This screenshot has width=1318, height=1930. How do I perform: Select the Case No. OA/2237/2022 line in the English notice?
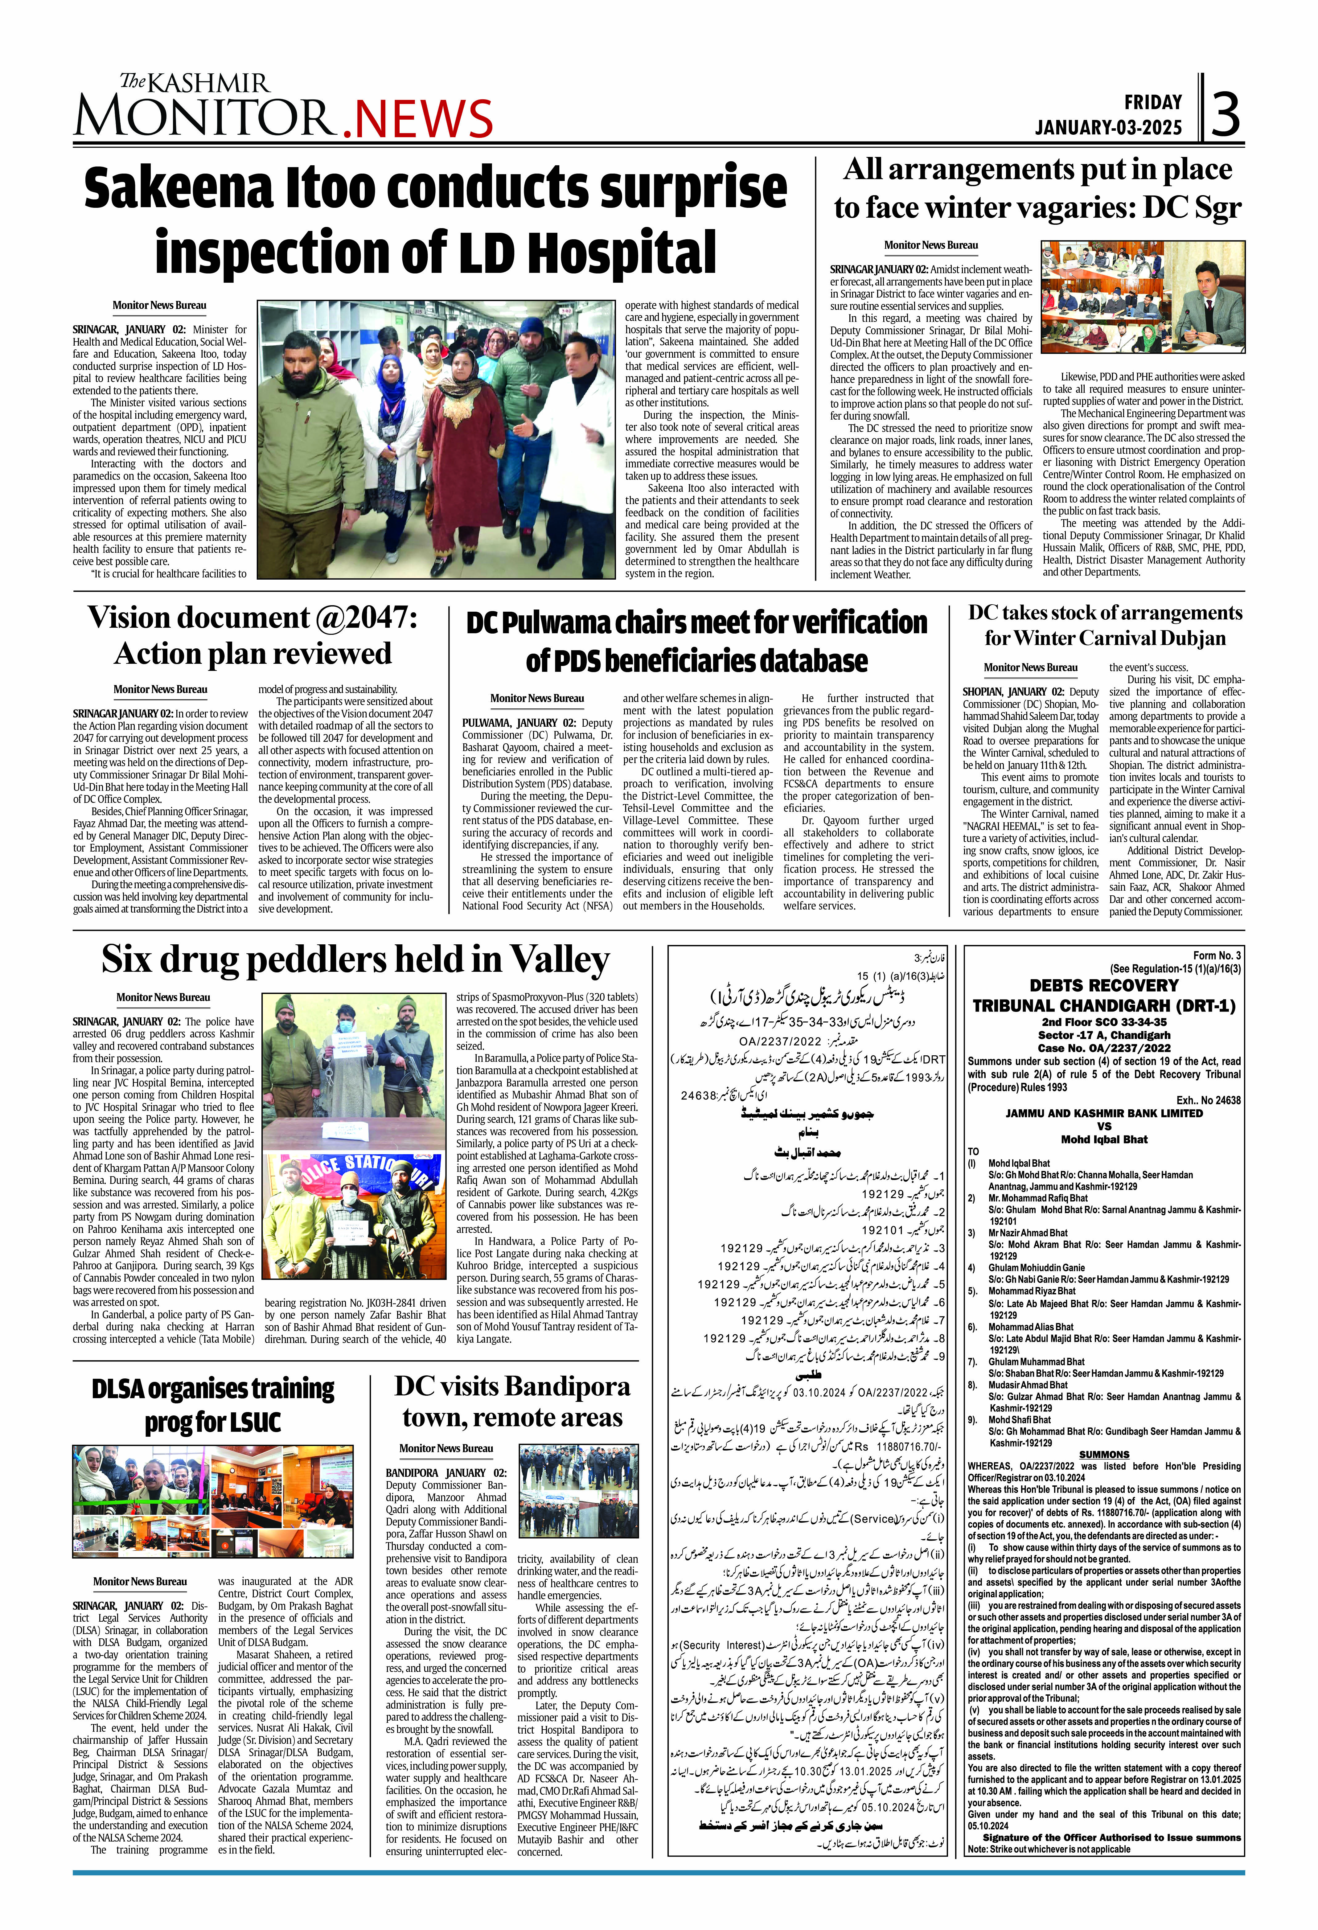(1104, 1048)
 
